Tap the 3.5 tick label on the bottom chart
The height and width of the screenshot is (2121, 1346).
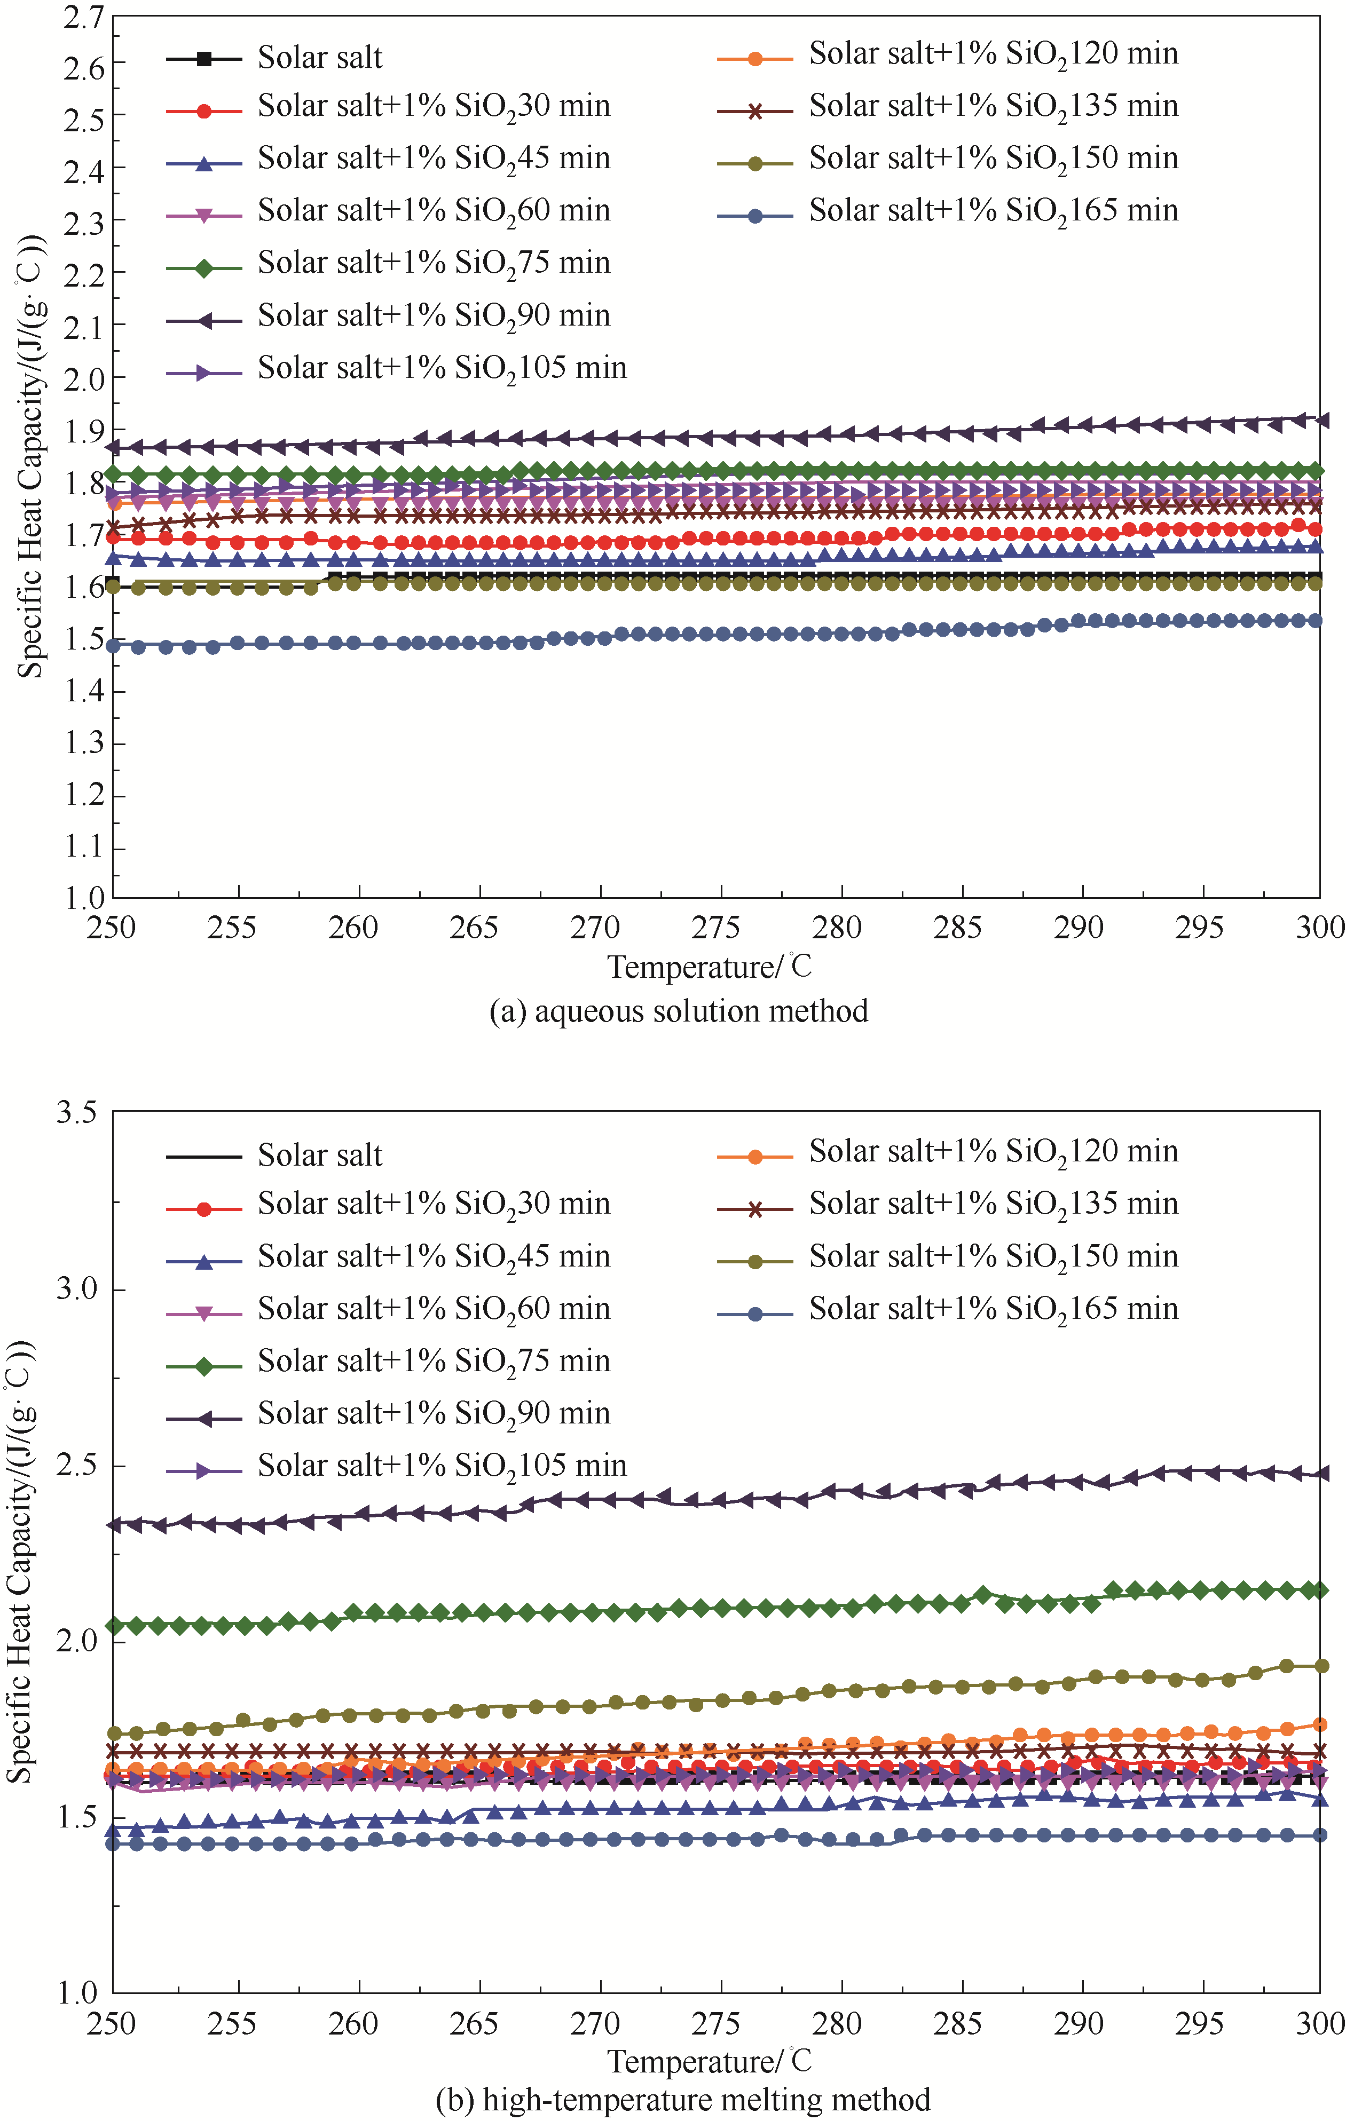coord(77,1112)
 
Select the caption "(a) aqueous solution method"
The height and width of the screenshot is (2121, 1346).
coord(678,1010)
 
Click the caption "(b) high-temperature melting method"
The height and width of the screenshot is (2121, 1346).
coord(683,2100)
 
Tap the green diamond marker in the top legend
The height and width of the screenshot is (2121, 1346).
coord(203,268)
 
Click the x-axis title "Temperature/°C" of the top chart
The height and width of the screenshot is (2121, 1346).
coord(709,967)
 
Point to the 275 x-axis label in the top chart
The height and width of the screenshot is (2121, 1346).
coord(715,928)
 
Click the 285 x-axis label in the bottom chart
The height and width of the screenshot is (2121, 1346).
coord(957,2024)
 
